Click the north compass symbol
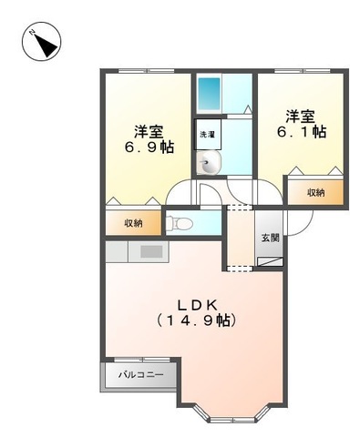point(42,41)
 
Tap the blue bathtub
point(209,93)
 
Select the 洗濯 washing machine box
point(208,134)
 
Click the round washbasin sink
point(208,164)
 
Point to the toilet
point(180,224)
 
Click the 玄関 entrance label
point(270,238)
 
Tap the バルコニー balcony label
point(140,374)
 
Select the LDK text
point(197,305)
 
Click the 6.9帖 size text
point(149,147)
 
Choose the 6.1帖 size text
point(302,132)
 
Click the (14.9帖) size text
point(196,320)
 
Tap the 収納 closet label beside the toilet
point(133,223)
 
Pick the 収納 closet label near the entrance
point(316,192)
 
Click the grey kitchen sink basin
point(151,251)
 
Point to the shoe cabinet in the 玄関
point(270,261)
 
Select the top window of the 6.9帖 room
point(146,71)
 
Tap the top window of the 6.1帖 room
point(302,71)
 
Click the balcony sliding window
point(142,360)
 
